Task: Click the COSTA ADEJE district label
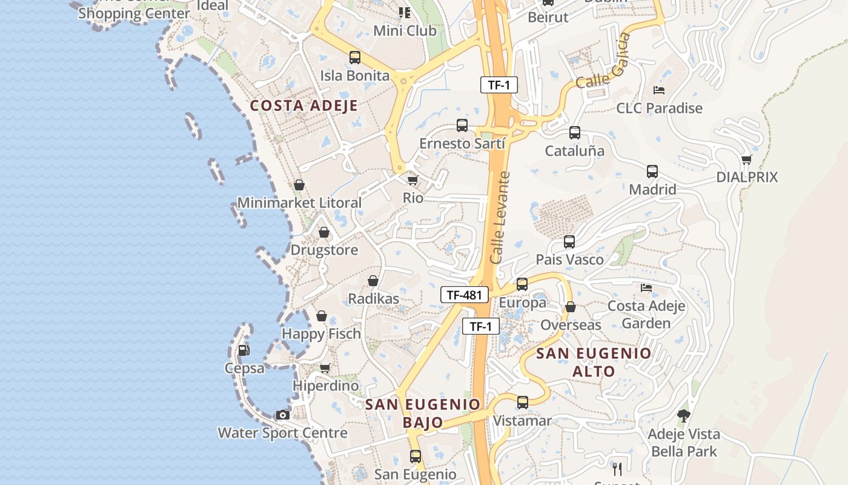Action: (303, 105)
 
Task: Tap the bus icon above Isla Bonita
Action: (354, 58)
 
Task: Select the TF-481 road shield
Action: (464, 295)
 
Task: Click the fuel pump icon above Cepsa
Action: (243, 350)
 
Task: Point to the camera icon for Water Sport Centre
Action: (282, 415)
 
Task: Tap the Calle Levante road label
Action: (500, 217)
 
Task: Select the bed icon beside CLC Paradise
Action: (659, 90)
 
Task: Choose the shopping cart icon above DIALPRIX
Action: (747, 159)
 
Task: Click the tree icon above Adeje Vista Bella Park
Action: (684, 416)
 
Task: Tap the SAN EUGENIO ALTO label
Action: (594, 362)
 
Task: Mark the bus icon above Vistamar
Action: (522, 402)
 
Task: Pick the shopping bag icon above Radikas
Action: (373, 281)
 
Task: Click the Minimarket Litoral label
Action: (299, 202)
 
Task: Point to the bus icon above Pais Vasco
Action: (569, 242)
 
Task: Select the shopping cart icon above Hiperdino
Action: (325, 368)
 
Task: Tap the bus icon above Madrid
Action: (652, 172)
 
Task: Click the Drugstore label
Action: (324, 250)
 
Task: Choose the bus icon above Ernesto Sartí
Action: (462, 125)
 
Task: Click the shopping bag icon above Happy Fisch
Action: (322, 316)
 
